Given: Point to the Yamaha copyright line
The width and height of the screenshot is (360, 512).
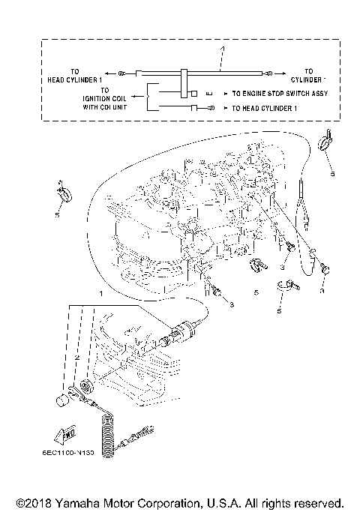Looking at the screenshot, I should click(x=180, y=502).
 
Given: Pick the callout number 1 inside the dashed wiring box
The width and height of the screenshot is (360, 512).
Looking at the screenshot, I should click(x=222, y=49).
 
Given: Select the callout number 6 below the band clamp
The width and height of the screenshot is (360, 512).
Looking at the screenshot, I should click(x=278, y=309).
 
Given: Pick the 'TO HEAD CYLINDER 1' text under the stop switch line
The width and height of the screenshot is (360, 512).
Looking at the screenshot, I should click(x=262, y=109).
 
